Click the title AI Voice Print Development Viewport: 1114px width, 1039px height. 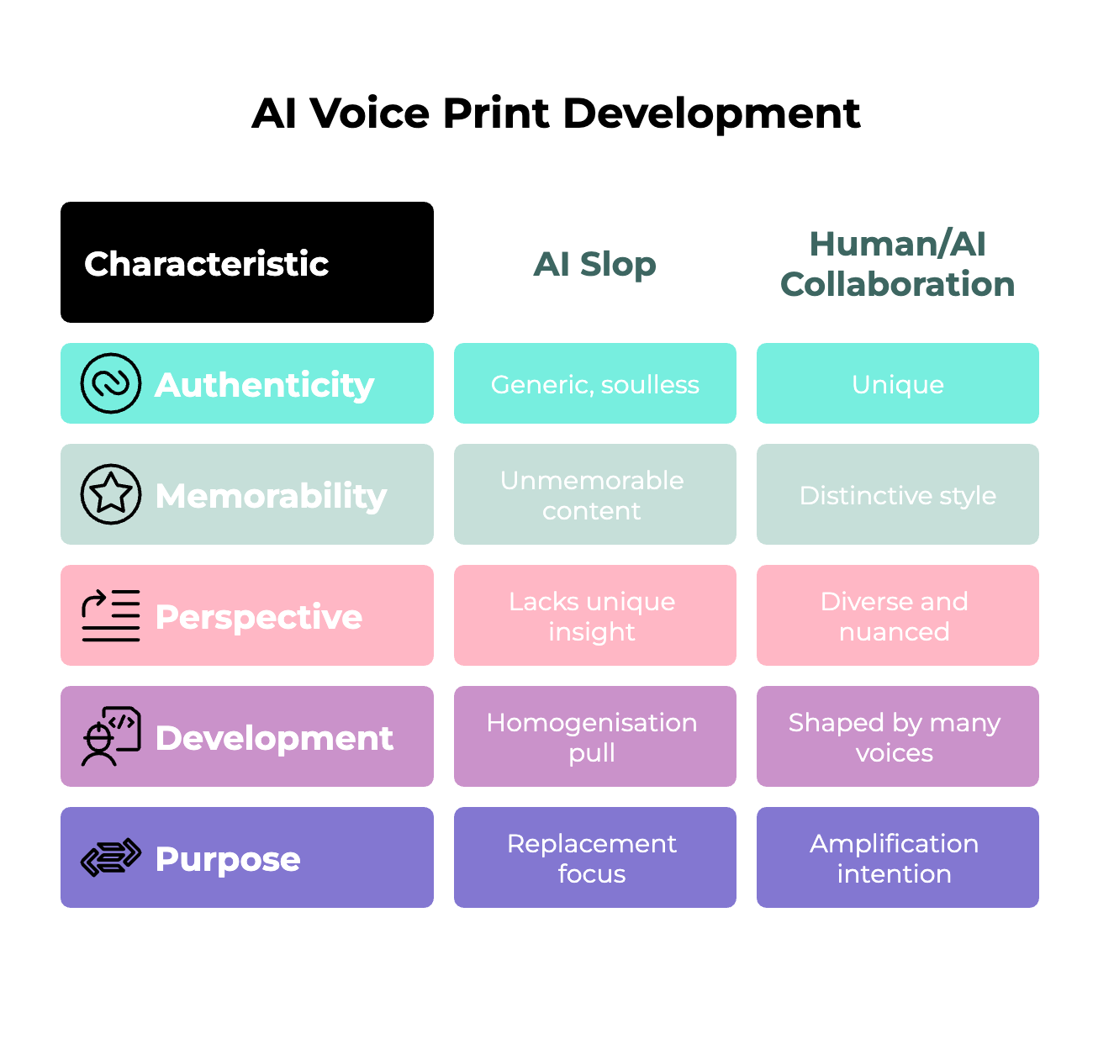[x=556, y=113]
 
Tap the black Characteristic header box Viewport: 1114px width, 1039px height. [x=246, y=262]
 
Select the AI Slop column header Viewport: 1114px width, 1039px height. [x=594, y=264]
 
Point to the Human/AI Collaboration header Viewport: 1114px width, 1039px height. [x=897, y=264]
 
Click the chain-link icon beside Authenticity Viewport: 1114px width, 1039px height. [x=110, y=383]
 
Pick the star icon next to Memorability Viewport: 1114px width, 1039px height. [x=110, y=494]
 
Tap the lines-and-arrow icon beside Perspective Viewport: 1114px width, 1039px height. [x=110, y=615]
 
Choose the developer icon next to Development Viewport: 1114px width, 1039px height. [x=110, y=736]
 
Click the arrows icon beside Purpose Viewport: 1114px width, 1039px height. [x=110, y=857]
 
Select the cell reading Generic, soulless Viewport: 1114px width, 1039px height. [x=594, y=383]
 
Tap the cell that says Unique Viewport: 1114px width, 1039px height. [x=897, y=383]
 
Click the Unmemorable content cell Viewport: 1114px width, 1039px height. [x=594, y=494]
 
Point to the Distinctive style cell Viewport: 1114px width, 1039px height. [x=897, y=494]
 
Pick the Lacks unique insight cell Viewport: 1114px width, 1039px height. [x=594, y=615]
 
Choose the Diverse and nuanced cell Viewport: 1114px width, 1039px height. [x=897, y=615]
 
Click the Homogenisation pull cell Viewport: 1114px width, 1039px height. [x=594, y=736]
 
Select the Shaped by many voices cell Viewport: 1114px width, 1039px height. [x=897, y=736]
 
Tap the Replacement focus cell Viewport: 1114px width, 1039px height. [x=594, y=857]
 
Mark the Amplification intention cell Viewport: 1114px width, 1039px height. [x=897, y=857]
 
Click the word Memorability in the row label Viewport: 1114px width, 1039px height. [x=271, y=496]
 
